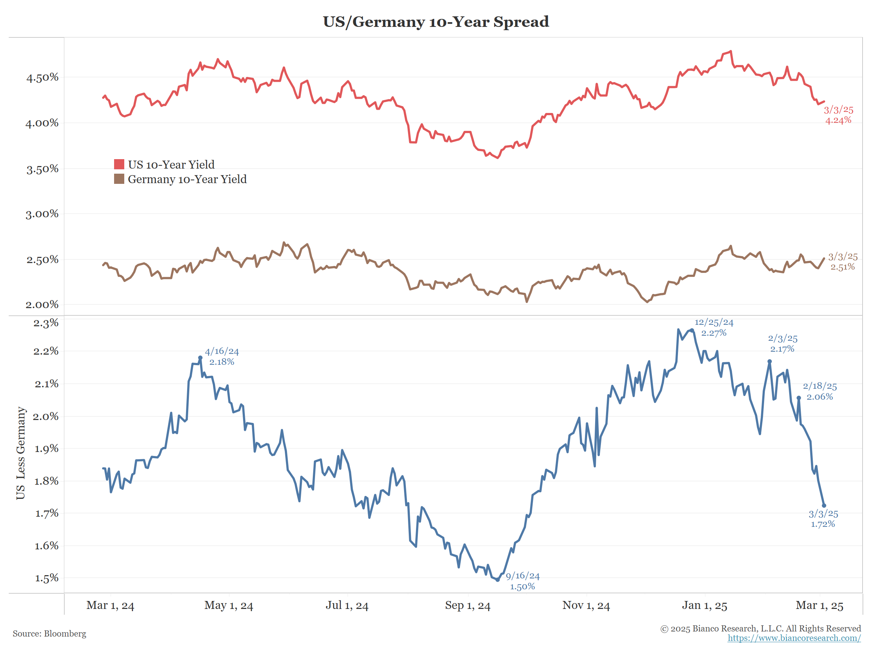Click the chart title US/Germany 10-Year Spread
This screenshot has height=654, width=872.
pyautogui.click(x=436, y=22)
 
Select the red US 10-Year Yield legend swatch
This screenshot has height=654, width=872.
pyautogui.click(x=119, y=164)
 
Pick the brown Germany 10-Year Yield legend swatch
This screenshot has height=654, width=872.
pyautogui.click(x=119, y=179)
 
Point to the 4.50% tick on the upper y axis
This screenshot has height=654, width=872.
pyautogui.click(x=42, y=77)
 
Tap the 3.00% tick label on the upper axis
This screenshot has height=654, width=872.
pyautogui.click(x=42, y=214)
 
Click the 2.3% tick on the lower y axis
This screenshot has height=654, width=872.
pyautogui.click(x=46, y=323)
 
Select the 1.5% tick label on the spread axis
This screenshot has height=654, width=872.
pyautogui.click(x=47, y=578)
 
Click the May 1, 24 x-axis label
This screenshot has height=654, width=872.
pyautogui.click(x=229, y=606)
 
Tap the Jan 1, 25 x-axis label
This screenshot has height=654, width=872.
pyautogui.click(x=705, y=606)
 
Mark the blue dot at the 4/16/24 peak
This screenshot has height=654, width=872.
pyautogui.click(x=200, y=358)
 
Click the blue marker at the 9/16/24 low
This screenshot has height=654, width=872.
pyautogui.click(x=497, y=580)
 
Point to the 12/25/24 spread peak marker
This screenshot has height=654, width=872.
pyautogui.click(x=692, y=331)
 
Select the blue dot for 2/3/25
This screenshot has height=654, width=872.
pyautogui.click(x=770, y=362)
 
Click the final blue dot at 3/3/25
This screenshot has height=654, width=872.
pyautogui.click(x=824, y=506)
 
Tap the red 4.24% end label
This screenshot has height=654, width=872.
pyautogui.click(x=839, y=120)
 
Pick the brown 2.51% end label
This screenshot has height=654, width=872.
pyautogui.click(x=843, y=267)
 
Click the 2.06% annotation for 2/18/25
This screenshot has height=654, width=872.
pyautogui.click(x=820, y=397)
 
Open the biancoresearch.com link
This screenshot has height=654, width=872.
pyautogui.click(x=794, y=638)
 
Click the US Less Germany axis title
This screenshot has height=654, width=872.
pyautogui.click(x=20, y=453)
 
